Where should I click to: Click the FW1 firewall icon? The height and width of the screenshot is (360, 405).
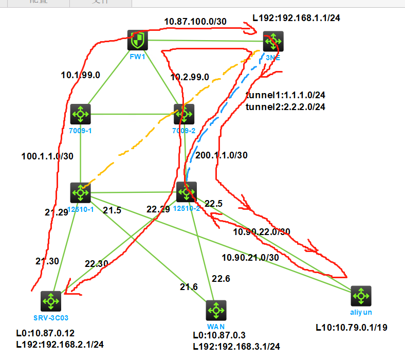tap(138, 40)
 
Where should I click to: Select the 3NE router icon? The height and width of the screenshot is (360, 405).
tap(273, 41)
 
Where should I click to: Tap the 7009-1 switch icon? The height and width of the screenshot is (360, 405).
tap(80, 114)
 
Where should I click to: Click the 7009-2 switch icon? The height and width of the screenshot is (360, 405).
tap(184, 114)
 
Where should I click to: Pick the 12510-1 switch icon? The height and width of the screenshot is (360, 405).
tap(80, 192)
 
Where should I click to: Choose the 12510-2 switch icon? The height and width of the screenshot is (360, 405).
tap(186, 192)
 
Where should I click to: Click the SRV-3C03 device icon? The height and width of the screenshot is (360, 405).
tap(51, 301)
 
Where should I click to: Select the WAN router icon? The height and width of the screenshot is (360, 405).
tap(216, 310)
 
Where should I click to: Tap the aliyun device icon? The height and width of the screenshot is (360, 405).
tap(360, 296)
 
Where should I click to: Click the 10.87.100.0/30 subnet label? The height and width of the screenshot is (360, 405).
tap(195, 22)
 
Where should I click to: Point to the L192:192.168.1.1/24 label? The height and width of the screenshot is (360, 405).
tap(297, 18)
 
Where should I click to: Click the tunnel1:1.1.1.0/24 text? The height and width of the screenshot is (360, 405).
tap(286, 96)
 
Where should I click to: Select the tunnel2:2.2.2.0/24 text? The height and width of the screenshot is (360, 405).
tap(286, 107)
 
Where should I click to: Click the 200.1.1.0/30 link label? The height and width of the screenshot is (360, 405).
tap(222, 155)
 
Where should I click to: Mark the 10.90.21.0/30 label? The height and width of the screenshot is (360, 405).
tap(250, 257)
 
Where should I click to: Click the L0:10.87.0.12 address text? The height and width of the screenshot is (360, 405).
tap(45, 333)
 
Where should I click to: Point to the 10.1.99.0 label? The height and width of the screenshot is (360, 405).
tap(80, 75)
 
